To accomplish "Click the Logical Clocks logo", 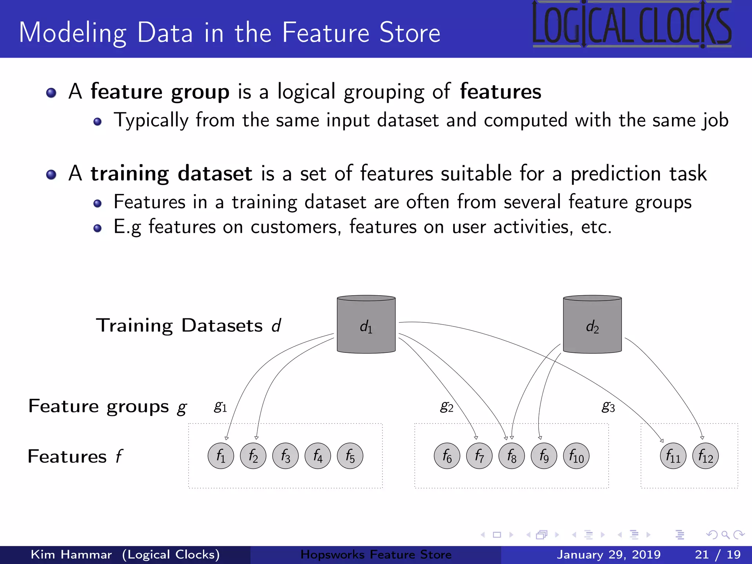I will (x=632, y=25).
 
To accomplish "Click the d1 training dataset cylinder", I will (x=366, y=325).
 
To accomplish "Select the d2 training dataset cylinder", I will (x=592, y=325).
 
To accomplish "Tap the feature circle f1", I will (x=221, y=456).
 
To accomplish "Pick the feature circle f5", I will (x=350, y=456).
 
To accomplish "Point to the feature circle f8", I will (x=511, y=456).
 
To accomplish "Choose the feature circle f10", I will (x=576, y=456).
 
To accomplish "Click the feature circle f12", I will (x=705, y=456).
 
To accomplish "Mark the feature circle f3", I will (x=285, y=456).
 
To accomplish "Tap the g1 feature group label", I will (x=220, y=406).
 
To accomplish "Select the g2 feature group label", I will (x=446, y=406).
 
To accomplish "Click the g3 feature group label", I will (x=608, y=406).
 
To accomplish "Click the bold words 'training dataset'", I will (x=171, y=173).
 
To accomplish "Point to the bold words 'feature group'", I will (x=160, y=92).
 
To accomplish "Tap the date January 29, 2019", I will (x=608, y=554).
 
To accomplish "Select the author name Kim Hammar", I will (x=71, y=554).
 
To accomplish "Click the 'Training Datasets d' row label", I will (x=188, y=325).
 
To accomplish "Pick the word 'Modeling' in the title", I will (x=73, y=33).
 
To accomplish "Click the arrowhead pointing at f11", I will (x=662, y=441).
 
